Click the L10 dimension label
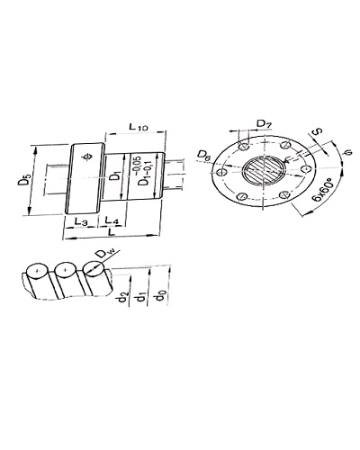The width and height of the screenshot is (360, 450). point(139,127)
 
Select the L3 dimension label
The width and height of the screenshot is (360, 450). point(81,221)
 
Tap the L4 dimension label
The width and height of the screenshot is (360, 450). point(112,221)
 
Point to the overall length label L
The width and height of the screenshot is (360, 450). point(112,231)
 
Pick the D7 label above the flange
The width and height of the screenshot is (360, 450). point(265,123)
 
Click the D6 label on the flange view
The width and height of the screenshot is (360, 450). point(204,155)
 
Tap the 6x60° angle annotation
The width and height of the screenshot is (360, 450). point(322,190)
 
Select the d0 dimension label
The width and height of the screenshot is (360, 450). point(159,296)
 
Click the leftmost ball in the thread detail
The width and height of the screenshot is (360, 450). point(37,271)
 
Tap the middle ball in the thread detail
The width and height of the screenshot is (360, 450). point(65,270)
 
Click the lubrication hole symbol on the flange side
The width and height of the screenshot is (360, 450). point(87,157)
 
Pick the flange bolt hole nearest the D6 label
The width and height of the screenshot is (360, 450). point(222,173)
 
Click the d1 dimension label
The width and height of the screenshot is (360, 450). point(141,296)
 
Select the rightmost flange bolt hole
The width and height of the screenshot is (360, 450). point(306,168)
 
